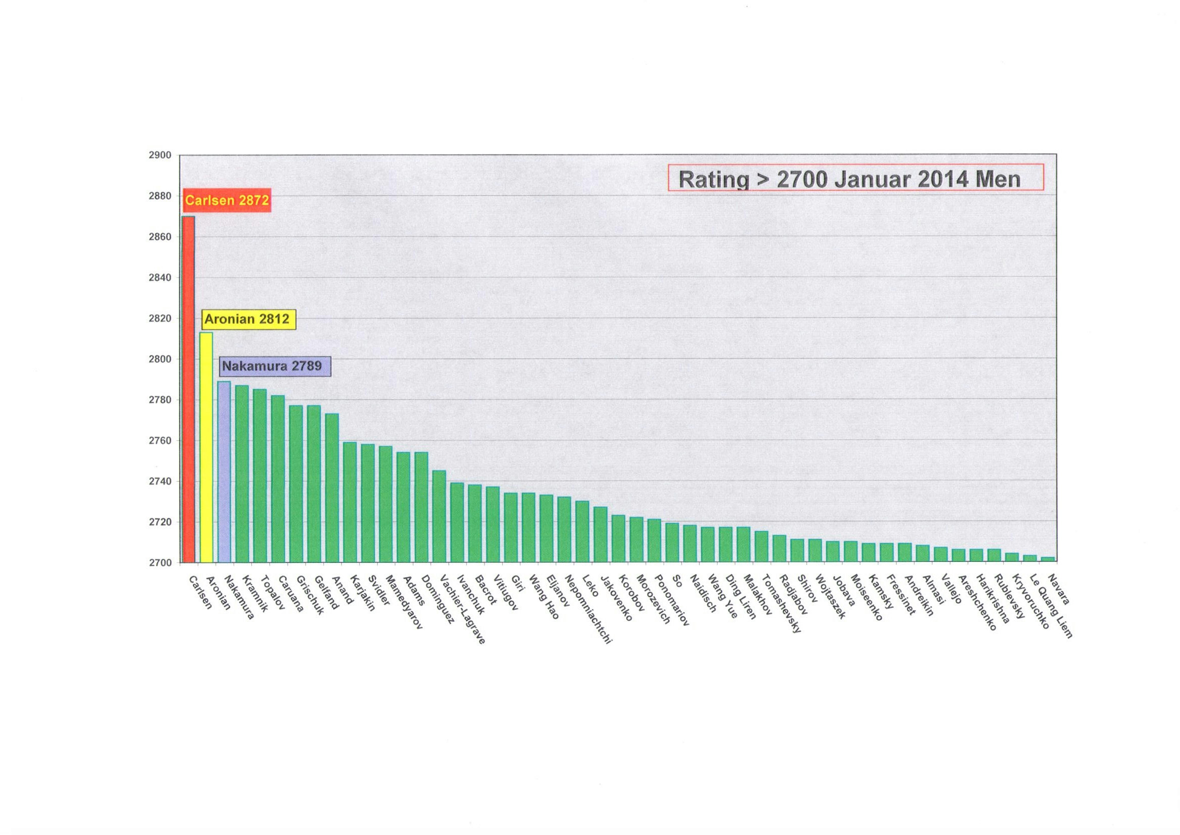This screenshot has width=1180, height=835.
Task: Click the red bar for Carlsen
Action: coord(189,389)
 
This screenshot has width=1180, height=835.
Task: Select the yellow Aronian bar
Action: coord(206,447)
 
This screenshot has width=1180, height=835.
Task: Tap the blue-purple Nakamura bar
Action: coord(224,472)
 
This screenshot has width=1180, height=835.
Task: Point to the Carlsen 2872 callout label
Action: coord(227,200)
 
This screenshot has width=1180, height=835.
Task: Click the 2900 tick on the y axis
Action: coord(161,155)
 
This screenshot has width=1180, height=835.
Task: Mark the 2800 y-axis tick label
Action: coord(161,359)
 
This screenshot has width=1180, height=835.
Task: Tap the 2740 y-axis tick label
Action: coord(161,481)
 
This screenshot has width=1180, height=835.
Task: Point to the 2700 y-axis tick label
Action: coord(161,562)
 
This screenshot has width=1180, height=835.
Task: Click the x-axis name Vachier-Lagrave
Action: coord(463,609)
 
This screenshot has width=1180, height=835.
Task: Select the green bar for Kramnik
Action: coord(242,474)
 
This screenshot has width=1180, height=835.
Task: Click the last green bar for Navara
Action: coord(1047,559)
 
